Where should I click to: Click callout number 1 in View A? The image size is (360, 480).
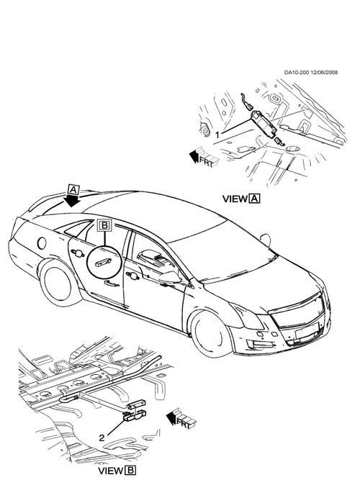pos(217,135)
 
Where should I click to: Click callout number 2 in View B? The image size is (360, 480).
pos(102,438)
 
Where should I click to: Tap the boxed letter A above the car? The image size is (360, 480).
pos(73,190)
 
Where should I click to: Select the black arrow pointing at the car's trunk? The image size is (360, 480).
pos(72,201)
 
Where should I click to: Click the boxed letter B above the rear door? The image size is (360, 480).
pos(105,226)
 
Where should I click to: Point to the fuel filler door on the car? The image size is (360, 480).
pos(42,243)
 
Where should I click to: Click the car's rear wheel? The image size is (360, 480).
pos(58,284)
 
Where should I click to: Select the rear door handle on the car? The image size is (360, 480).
pos(78,253)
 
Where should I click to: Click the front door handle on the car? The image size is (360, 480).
pos(132,276)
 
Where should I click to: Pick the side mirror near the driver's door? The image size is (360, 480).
pos(171,278)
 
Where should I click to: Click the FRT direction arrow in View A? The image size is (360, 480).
pos(203,158)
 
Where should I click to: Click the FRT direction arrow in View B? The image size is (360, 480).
pos(181,418)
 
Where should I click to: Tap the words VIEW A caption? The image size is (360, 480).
pos(241,199)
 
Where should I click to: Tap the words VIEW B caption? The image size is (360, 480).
pos(117,470)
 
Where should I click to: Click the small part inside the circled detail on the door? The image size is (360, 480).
pos(104,263)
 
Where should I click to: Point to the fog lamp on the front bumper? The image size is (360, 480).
pos(255,345)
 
